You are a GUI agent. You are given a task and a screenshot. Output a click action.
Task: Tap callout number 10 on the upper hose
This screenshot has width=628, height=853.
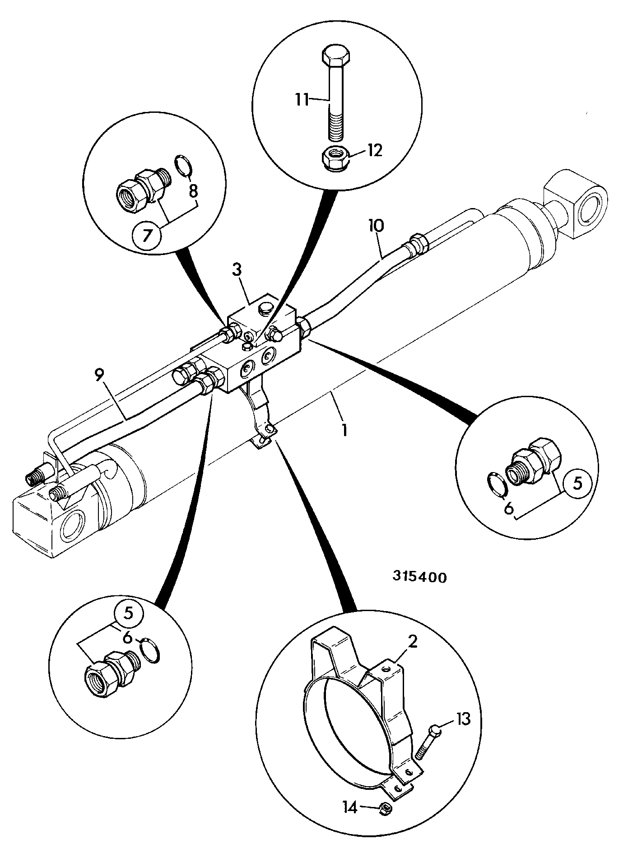pyautogui.click(x=376, y=225)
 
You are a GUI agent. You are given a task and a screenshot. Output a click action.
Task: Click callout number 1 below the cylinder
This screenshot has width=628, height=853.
pyautogui.click(x=344, y=429)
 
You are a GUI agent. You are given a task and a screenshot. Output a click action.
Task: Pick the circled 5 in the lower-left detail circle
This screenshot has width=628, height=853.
pyautogui.click(x=128, y=614)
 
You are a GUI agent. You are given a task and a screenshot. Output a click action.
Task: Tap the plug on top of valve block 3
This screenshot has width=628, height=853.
pyautogui.click(x=265, y=308)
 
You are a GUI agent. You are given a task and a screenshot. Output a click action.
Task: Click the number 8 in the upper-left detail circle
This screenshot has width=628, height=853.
pyautogui.click(x=193, y=192)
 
